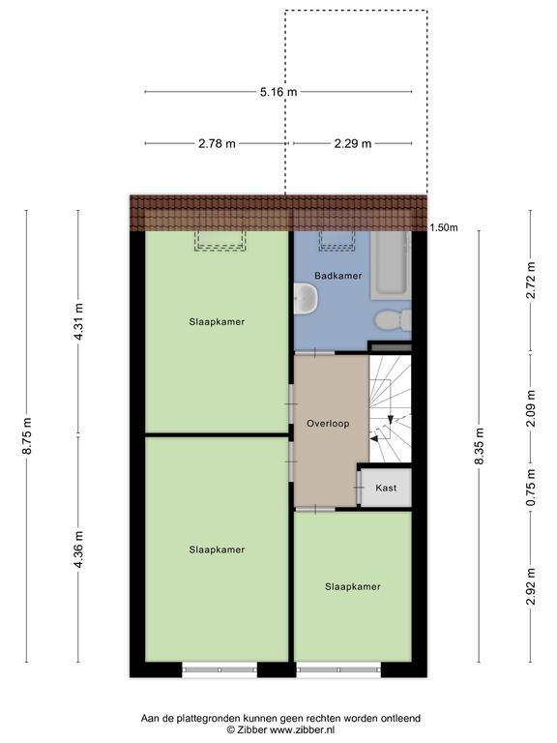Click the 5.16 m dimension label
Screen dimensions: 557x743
(x=278, y=92)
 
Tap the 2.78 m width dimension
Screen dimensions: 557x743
(x=217, y=143)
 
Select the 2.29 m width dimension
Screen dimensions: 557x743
(x=353, y=143)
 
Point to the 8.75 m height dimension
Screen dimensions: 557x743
(x=27, y=436)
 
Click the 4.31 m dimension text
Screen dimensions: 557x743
(x=78, y=321)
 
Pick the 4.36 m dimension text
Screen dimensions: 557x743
(x=78, y=549)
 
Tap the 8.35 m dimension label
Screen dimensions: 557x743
(x=480, y=446)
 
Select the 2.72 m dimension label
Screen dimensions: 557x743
(x=531, y=280)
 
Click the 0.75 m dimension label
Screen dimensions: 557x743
(x=531, y=488)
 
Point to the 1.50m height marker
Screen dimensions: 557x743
(x=444, y=228)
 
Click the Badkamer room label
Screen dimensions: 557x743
(x=338, y=276)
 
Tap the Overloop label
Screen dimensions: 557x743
(x=328, y=424)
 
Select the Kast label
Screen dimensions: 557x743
(x=386, y=488)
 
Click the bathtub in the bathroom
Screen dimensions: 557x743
(x=391, y=265)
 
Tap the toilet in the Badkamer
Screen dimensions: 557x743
(x=394, y=320)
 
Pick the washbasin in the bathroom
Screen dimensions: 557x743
(x=306, y=299)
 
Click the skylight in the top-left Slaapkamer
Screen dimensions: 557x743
(x=220, y=241)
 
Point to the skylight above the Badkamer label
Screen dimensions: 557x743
(x=337, y=241)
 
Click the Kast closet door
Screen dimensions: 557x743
(x=359, y=488)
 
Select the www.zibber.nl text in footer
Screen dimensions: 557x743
(x=302, y=729)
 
